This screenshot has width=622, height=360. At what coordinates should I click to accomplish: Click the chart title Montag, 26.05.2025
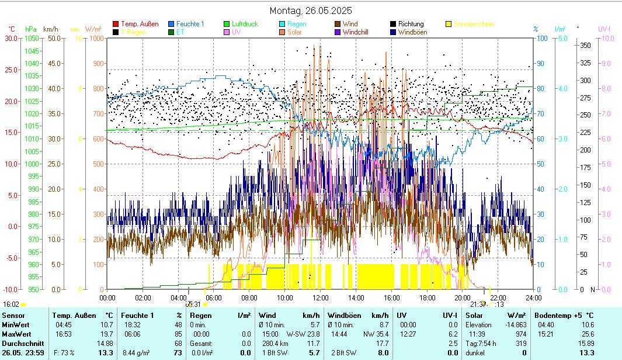(x=311, y=11)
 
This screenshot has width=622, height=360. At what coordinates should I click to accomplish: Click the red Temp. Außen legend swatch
(x=116, y=24)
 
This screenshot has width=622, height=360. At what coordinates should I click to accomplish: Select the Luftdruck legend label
(x=245, y=24)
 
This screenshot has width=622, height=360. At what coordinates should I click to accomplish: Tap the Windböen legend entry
(x=412, y=32)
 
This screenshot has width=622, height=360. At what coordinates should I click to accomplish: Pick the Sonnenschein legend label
(x=473, y=24)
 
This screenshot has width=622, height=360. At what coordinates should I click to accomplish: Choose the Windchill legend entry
(x=359, y=32)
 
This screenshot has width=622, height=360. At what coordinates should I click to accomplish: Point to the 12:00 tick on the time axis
(x=321, y=297)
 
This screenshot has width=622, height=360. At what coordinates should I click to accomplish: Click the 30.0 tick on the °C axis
(x=11, y=38)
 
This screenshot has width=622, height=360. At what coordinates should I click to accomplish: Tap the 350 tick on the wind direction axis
(x=585, y=45)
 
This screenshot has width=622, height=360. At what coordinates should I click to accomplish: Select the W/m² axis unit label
(x=93, y=29)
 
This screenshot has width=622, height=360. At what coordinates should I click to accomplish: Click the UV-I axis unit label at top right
(x=604, y=29)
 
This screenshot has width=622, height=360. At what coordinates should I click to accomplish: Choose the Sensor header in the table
(x=14, y=315)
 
